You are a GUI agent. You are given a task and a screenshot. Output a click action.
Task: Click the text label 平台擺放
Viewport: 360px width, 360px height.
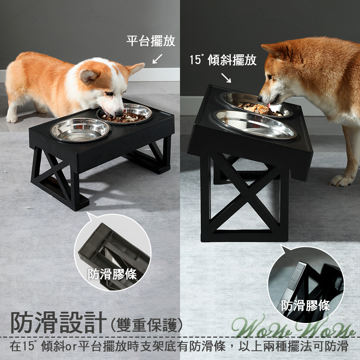151,41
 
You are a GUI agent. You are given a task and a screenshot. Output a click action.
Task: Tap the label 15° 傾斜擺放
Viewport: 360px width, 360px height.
223,60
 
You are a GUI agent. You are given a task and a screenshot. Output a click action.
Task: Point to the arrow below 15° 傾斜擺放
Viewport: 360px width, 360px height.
226,77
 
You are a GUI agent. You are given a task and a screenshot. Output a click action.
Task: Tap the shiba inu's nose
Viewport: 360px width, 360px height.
260,99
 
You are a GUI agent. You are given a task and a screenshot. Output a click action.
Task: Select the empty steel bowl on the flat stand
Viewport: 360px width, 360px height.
80,129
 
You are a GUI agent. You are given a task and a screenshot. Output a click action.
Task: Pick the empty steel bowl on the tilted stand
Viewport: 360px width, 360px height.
256,124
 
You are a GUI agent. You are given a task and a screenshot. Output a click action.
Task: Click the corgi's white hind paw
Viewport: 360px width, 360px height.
12,118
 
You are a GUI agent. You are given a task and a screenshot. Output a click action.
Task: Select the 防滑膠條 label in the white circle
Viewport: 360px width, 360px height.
113,274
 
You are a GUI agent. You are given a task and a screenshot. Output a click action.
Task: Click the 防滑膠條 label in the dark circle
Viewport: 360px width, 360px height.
306,306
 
